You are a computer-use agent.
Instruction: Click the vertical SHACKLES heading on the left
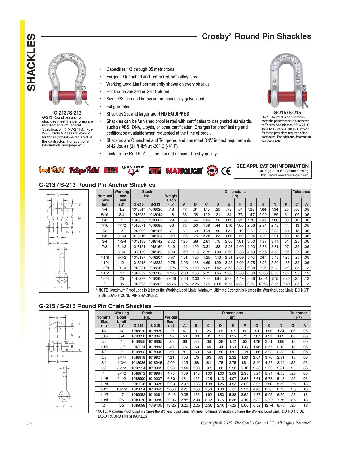click(x=31, y=62)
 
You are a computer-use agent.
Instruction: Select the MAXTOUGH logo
click(x=184, y=171)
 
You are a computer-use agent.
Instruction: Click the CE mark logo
click(x=226, y=171)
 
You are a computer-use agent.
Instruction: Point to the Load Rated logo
click(x=52, y=170)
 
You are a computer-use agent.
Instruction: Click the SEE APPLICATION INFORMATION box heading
click(x=272, y=166)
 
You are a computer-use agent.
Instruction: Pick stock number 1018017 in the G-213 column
click(x=139, y=209)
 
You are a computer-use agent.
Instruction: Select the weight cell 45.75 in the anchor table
click(x=171, y=284)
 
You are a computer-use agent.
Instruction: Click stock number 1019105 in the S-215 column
click(x=155, y=405)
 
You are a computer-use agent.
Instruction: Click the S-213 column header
click(x=155, y=204)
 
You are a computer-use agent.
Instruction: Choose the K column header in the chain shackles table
click(x=269, y=325)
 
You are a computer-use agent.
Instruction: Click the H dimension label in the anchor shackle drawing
click(x=79, y=218)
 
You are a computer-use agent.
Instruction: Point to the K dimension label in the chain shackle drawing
click(x=79, y=337)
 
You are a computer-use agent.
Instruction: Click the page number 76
click(x=29, y=424)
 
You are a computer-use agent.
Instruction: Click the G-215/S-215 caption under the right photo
click(x=287, y=112)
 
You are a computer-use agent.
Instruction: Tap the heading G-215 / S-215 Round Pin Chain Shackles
click(x=95, y=306)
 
